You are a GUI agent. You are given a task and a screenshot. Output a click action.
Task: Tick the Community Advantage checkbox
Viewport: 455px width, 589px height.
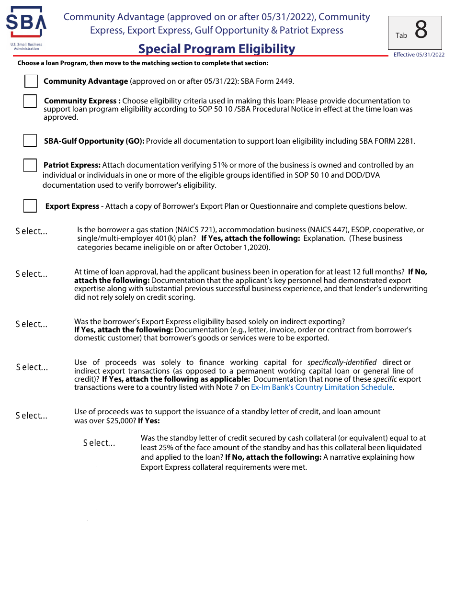point(31,81)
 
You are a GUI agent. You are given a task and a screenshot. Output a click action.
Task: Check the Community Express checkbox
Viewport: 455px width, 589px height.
point(30,102)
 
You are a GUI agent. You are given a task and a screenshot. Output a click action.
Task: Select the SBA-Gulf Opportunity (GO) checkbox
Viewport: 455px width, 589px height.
point(30,141)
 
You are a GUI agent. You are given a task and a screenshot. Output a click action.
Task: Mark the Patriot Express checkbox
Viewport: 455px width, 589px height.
point(30,166)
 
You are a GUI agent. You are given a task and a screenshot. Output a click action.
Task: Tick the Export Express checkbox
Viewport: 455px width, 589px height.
point(30,206)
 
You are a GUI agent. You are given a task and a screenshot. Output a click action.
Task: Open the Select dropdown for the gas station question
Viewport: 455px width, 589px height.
point(32,231)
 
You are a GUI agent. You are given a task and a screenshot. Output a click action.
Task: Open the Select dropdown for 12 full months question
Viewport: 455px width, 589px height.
point(32,274)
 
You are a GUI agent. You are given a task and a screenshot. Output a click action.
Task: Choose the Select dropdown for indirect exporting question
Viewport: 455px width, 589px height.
point(32,324)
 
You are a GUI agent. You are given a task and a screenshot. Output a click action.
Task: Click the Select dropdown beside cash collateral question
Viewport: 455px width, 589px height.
point(99,443)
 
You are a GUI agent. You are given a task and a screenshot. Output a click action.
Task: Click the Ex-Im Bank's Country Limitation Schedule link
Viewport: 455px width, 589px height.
point(322,387)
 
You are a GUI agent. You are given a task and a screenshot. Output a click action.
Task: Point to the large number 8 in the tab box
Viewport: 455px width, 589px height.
point(421,31)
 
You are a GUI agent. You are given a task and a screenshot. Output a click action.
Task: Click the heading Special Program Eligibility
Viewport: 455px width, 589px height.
point(216,49)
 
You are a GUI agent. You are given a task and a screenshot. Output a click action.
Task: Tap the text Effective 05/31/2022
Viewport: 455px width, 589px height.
point(419,55)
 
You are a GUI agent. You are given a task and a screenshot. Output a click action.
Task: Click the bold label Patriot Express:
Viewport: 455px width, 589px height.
point(72,165)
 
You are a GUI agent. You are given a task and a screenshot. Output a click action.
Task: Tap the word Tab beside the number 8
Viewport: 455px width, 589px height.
point(401,35)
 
